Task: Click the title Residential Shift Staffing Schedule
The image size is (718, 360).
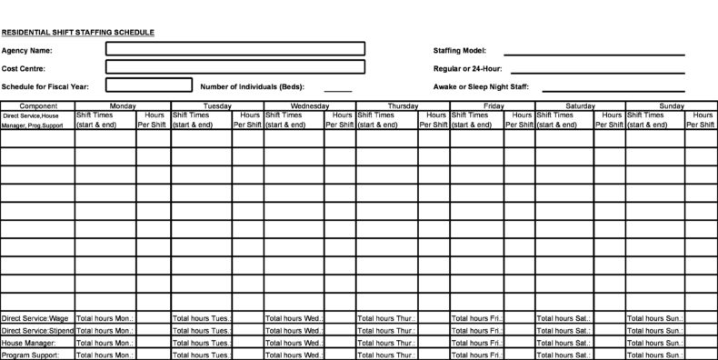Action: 78,33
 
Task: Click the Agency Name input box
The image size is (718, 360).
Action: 235,49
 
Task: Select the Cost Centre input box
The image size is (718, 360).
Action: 235,67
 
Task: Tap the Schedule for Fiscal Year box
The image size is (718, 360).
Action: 149,85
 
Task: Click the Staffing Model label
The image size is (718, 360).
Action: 460,50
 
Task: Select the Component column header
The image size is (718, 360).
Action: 37,106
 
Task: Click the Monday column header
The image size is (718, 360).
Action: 122,106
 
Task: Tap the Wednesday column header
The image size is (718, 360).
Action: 309,106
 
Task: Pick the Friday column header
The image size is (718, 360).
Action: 494,106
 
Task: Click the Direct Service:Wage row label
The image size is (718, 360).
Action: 35,319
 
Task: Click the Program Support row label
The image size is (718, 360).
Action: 30,355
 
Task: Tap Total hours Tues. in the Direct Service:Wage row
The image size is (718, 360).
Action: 201,319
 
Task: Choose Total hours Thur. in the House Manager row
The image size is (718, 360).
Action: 387,344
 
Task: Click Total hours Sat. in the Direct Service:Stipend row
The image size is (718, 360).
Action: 563,332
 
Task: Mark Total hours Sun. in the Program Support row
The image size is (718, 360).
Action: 654,355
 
